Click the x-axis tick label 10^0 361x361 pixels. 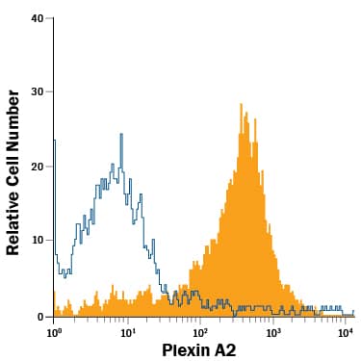(54, 331)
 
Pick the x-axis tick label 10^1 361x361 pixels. (127, 331)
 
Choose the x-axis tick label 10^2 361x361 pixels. (200, 331)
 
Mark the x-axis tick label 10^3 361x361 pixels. (272, 331)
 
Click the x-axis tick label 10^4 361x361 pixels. (346, 331)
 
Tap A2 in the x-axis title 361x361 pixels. (224, 350)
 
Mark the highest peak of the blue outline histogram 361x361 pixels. (121, 135)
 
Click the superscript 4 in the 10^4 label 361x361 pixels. (353, 327)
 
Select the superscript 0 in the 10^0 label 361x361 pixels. (60, 327)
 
